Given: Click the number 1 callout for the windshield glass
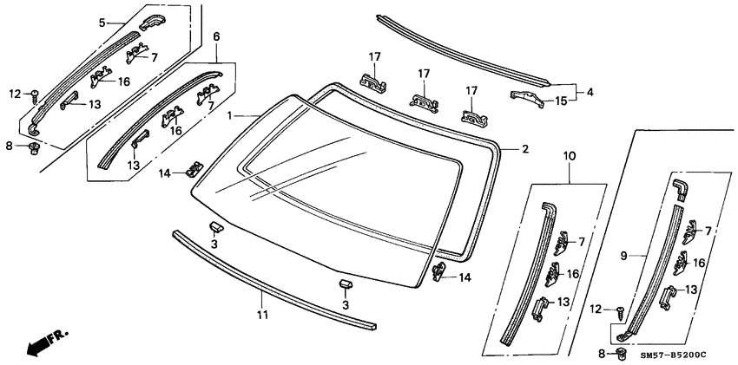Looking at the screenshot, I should (x=229, y=116).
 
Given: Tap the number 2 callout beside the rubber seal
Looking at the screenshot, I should (x=524, y=149).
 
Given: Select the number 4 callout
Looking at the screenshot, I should (x=590, y=91).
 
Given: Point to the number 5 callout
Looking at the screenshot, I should (x=102, y=22).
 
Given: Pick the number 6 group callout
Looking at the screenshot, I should (x=216, y=37).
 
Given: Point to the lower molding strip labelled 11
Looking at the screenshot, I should (x=269, y=278).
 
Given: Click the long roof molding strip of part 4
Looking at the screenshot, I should (x=460, y=48).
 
